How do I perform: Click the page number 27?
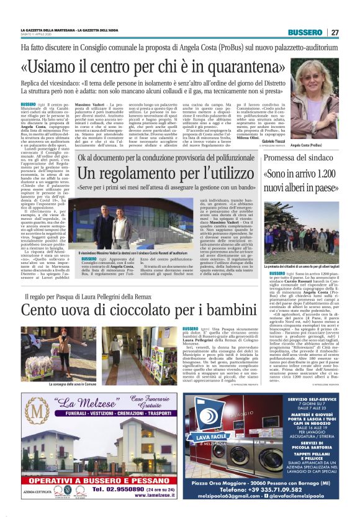pos(335,32)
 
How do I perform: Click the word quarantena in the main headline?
pos(236,66)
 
